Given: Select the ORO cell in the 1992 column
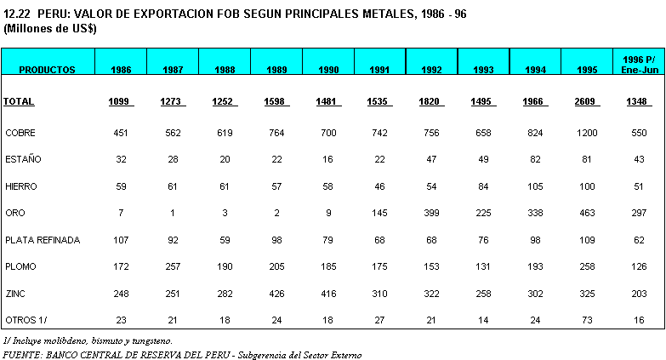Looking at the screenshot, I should [431, 213].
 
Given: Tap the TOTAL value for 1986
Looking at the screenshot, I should [121, 102].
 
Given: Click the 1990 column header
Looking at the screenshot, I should [327, 70].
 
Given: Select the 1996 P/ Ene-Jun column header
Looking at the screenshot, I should [639, 64].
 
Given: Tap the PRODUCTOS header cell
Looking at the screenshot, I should [47, 70].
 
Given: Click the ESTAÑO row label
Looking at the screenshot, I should [23, 159].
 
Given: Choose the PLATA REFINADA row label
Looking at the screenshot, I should [43, 240].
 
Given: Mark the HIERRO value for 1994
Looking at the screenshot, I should [534, 186].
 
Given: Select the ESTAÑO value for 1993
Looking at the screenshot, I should [483, 159].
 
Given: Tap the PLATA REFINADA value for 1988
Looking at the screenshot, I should [225, 240].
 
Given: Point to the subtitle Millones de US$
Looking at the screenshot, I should [50, 28].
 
